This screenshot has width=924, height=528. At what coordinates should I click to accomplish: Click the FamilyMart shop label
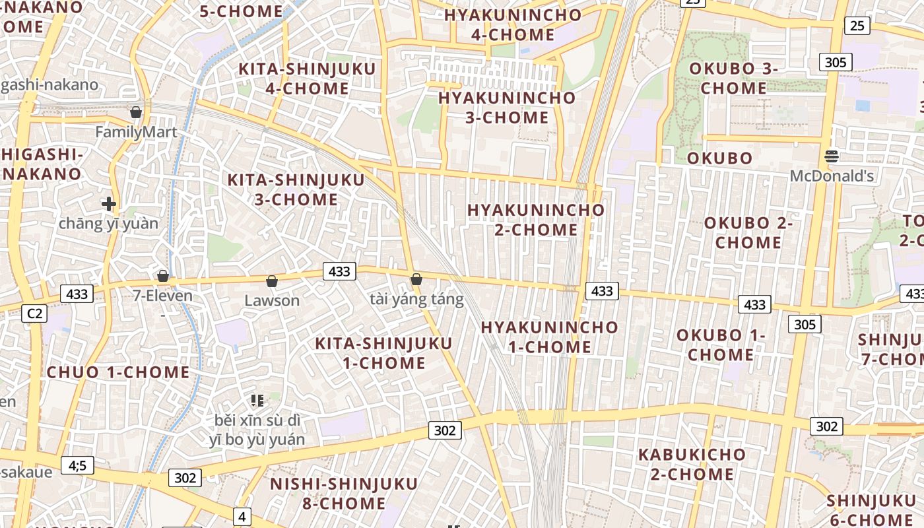pyautogui.click(x=136, y=132)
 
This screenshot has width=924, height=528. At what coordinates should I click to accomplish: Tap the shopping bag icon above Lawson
pyautogui.click(x=271, y=282)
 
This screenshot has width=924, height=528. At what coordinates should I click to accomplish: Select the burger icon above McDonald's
pyautogui.click(x=832, y=156)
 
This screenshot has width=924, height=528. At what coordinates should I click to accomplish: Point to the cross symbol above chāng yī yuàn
pyautogui.click(x=109, y=204)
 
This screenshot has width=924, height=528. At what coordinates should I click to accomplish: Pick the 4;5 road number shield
pyautogui.click(x=77, y=465)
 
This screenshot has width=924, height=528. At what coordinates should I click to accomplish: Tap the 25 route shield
pyautogui.click(x=857, y=26)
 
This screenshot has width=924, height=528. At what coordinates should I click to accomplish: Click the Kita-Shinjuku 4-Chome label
pyautogui.click(x=307, y=79)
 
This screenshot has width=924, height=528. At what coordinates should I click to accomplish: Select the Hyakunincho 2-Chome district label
pyautogui.click(x=536, y=220)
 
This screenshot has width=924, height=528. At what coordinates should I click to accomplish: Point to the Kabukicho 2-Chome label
pyautogui.click(x=692, y=464)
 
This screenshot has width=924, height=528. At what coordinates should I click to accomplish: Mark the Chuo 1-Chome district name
pyautogui.click(x=118, y=372)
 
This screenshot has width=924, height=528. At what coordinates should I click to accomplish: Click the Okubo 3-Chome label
pyautogui.click(x=734, y=78)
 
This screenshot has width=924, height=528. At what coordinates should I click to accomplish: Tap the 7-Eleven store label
pyautogui.click(x=163, y=296)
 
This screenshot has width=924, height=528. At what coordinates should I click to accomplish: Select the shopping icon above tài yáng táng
pyautogui.click(x=416, y=280)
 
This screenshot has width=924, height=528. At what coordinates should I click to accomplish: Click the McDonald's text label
pyautogui.click(x=832, y=176)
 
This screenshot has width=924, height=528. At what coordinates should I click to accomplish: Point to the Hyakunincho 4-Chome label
pyautogui.click(x=513, y=24)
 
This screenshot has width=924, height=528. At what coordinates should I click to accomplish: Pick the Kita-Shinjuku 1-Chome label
pyautogui.click(x=383, y=353)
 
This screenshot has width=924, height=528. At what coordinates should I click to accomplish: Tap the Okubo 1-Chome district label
pyautogui.click(x=721, y=345)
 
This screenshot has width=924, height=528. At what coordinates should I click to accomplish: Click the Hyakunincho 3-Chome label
pyautogui.click(x=507, y=108)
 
